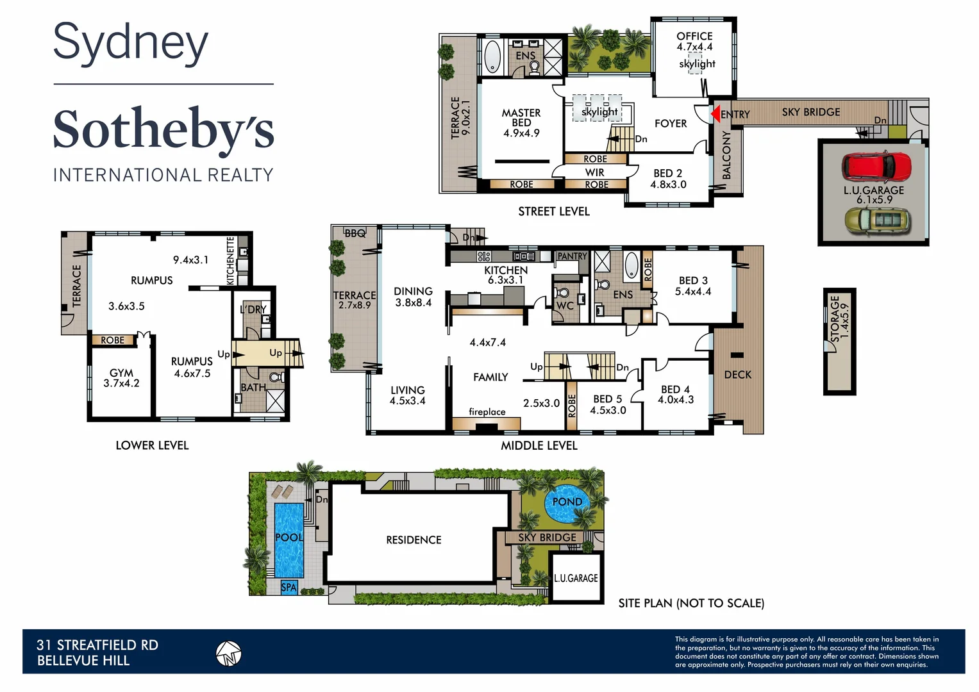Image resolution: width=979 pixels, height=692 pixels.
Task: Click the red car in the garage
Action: [x=876, y=167]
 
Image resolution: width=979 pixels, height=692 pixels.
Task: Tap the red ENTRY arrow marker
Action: [x=715, y=113]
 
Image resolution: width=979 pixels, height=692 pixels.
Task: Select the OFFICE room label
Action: [x=694, y=37]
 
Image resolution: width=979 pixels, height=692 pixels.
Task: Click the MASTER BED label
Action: [x=521, y=117]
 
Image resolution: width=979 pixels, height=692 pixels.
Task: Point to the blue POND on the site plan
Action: [x=567, y=503]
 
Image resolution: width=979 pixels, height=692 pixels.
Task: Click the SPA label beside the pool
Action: [x=289, y=588]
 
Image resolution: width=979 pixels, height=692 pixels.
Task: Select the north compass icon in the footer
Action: [x=229, y=654]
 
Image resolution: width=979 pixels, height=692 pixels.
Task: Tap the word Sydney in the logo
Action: [x=130, y=43]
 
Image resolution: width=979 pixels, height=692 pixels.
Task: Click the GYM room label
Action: [x=121, y=373]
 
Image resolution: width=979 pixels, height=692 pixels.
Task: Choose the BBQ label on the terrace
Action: [x=355, y=233]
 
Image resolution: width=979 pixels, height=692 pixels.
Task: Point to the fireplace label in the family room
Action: [x=487, y=412]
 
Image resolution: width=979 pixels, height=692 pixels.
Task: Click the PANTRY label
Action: [x=572, y=256]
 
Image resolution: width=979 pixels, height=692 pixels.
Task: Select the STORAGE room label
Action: [x=835, y=318]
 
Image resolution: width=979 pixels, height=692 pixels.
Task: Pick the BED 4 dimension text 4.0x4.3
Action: [x=676, y=400]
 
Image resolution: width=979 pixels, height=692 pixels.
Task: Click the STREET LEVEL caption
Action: [x=553, y=211]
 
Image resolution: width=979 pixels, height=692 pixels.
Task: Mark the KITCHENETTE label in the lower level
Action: [x=230, y=261]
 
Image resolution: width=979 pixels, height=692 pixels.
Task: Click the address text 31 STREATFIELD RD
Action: [x=97, y=645]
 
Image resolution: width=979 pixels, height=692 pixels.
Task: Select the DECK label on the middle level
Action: [x=737, y=375]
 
